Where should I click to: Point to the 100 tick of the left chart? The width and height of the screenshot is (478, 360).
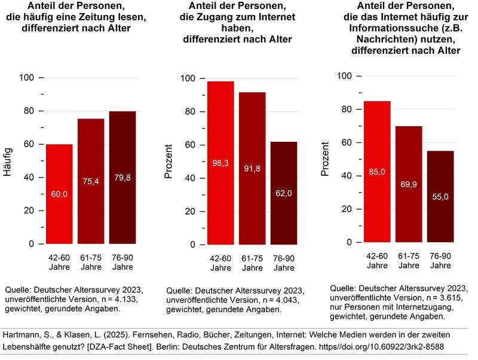(29, 78)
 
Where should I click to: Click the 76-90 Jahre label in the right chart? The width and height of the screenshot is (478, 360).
(441, 261)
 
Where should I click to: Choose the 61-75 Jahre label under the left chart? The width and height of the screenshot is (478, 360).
(91, 261)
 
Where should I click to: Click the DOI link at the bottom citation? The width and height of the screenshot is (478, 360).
(382, 346)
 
